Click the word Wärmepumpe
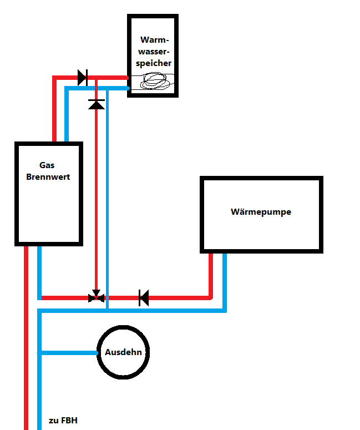pos(261,212)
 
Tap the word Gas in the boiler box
pos(47,165)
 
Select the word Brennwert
pos(48,177)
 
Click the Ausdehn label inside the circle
pos(123,352)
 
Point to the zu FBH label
pos(63,421)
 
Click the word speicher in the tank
pos(154,63)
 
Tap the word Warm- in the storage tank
pos(155,40)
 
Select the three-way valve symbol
pos(96,296)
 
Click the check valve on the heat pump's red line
pos(144,298)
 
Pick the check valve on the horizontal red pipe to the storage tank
pos(83,78)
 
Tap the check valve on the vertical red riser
pos(97,104)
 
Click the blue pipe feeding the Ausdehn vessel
pos(69,353)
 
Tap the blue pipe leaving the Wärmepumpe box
pos(225,282)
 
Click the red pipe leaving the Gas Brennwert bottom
pos(26,338)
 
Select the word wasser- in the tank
pos(154,52)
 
